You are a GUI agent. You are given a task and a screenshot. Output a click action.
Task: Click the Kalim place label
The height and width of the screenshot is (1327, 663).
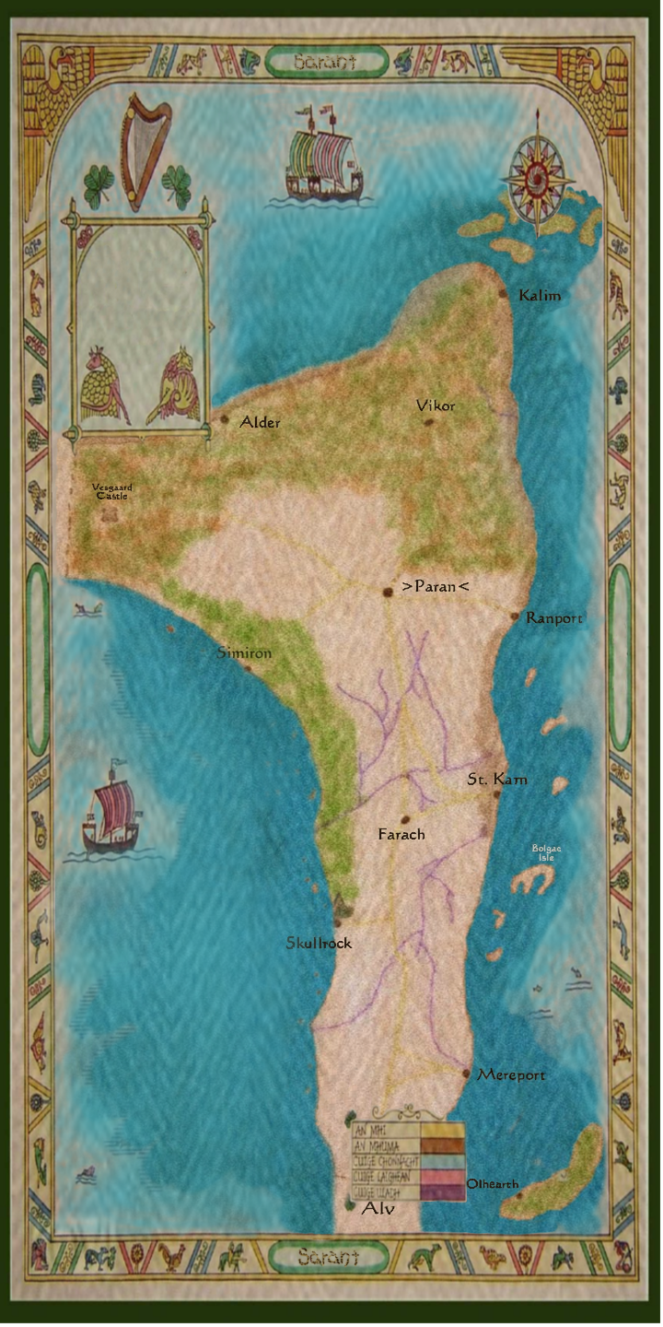[540, 296]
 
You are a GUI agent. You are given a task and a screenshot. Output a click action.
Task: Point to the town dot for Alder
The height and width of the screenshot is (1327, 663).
[224, 419]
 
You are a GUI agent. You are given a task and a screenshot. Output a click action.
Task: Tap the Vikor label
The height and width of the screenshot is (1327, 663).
[436, 405]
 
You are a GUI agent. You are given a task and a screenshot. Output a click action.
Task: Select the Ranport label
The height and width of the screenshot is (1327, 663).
[554, 618]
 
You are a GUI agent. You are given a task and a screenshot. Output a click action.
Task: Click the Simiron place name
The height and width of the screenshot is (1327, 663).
[244, 652]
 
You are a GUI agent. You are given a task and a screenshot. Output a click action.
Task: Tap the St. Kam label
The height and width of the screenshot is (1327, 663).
[497, 780]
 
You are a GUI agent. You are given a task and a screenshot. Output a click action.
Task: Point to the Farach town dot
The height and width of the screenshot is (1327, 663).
[402, 818]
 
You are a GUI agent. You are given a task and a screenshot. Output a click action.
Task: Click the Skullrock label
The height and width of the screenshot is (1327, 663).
[319, 944]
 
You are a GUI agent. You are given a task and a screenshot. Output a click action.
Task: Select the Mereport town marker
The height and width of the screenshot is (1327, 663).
[467, 1074]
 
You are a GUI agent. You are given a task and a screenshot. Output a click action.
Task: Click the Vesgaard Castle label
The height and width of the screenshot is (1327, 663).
[111, 491]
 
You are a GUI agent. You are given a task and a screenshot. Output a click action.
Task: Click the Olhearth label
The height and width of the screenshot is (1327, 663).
[493, 1184]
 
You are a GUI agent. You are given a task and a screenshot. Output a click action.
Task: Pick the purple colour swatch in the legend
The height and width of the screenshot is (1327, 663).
[442, 1192]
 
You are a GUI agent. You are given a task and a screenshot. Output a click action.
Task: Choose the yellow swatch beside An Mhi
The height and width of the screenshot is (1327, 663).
[442, 1127]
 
